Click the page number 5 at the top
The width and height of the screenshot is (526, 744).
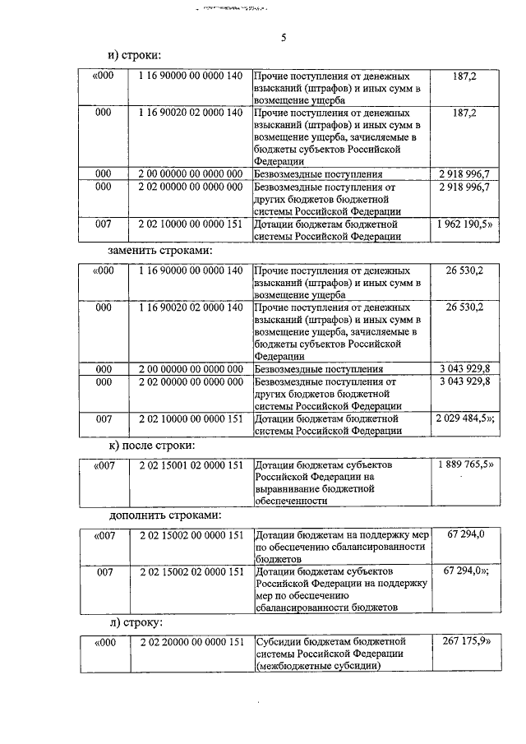284,37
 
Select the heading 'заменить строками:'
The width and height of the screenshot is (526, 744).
160,249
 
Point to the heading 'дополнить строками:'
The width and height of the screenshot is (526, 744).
164,515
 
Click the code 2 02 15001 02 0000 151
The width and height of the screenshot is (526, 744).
191,464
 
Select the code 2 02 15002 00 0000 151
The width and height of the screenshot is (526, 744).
191,535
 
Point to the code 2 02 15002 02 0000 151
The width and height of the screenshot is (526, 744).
191,571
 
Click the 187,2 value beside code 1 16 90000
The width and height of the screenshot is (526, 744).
464,76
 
